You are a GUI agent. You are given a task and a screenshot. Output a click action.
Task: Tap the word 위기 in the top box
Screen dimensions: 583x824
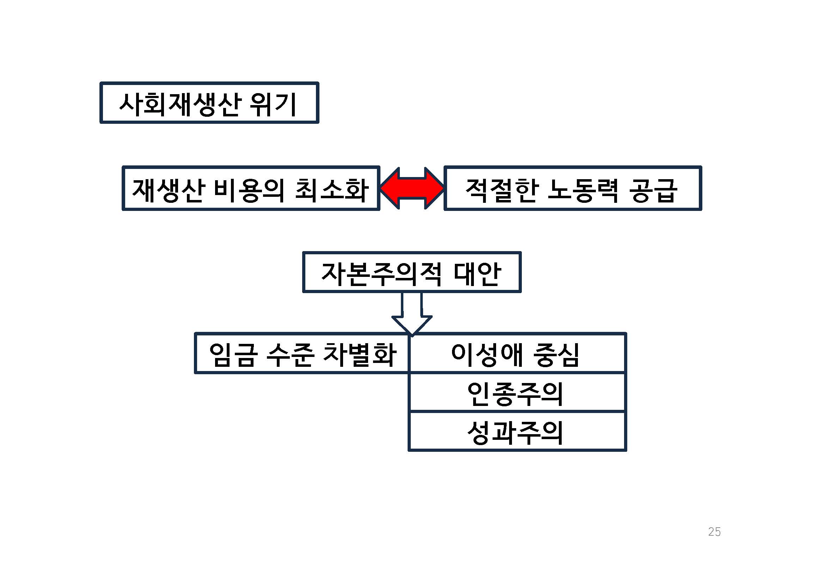point(273,104)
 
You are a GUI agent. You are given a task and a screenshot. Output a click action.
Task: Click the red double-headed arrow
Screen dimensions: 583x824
point(412,188)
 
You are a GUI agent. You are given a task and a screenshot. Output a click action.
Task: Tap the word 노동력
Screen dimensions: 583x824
point(583,190)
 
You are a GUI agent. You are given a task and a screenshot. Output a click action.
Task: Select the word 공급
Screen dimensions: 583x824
point(653,190)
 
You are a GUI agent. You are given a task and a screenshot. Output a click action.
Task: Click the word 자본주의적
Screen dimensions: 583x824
point(381,274)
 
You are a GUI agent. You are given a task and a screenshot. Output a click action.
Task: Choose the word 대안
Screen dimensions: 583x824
point(477,274)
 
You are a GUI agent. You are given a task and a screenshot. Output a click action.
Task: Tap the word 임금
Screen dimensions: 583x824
point(233,355)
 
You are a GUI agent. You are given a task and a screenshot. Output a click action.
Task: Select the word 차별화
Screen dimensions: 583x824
point(360,355)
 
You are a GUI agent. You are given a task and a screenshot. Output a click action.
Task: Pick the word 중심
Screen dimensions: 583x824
point(556,355)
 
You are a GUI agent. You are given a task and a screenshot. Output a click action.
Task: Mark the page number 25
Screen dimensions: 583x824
point(714,532)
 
